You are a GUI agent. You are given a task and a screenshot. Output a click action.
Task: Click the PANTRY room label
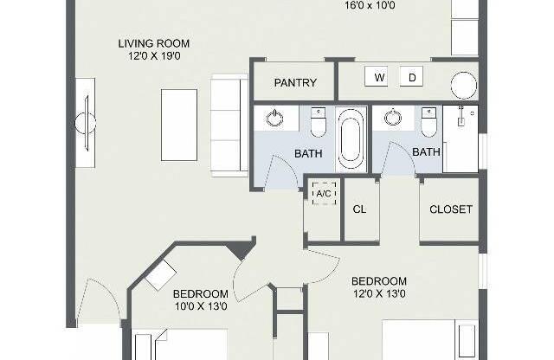295,83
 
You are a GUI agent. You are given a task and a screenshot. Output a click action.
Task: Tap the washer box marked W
376,76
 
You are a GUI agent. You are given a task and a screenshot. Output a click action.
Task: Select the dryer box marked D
411,76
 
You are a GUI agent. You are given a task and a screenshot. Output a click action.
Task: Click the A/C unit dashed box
324,193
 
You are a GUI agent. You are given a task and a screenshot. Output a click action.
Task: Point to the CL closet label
359,209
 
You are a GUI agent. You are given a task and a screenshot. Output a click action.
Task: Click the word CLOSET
451,209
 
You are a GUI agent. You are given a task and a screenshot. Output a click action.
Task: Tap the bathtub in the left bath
350,139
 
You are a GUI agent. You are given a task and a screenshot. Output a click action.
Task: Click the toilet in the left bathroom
318,122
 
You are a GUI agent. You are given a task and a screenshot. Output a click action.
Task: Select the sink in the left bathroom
274,118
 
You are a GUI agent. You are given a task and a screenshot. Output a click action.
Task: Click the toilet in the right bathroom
429,122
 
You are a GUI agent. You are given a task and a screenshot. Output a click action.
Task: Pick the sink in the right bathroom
392,118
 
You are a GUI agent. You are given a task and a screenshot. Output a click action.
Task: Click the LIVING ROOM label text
154,43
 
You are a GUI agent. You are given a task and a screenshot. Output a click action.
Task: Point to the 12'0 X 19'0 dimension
154,56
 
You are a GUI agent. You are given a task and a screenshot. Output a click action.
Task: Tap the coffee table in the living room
179,125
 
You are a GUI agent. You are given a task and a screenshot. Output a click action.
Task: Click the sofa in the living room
229,125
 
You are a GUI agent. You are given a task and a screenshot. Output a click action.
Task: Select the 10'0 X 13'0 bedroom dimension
201,306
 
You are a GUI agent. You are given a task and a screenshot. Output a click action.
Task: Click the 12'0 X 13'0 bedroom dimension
379,293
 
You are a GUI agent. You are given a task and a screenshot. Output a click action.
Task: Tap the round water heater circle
464,85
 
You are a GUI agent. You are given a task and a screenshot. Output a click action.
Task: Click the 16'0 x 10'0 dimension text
370,5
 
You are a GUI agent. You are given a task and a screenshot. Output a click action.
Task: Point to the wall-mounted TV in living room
86,123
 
